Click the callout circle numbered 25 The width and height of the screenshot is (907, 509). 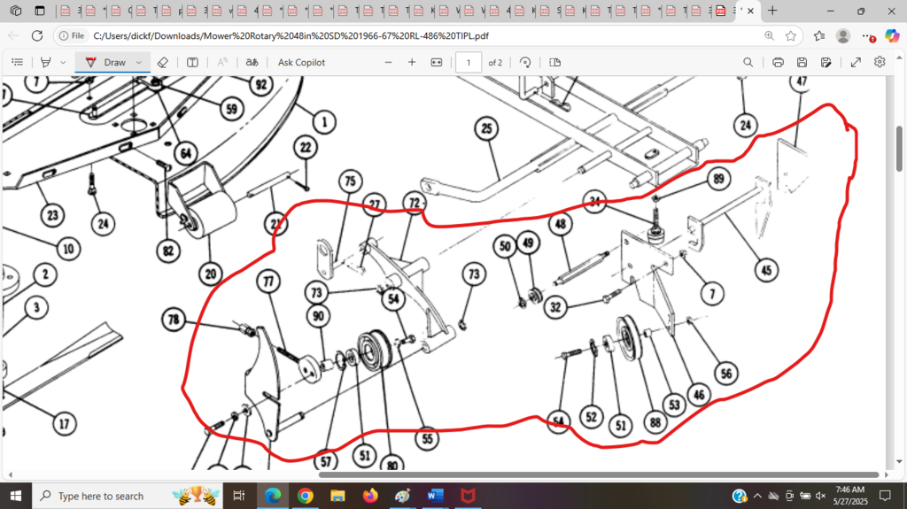(486, 129)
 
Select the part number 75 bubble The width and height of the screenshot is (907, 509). (349, 181)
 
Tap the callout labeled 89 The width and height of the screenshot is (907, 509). (717, 180)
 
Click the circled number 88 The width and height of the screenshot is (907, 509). (656, 423)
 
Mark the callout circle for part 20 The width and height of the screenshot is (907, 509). (210, 274)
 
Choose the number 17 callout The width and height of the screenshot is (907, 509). (63, 424)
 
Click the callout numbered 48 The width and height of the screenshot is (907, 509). (560, 225)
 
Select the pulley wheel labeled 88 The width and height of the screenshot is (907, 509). (632, 339)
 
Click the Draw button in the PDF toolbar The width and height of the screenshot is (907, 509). (107, 62)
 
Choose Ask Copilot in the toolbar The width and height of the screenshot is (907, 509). (301, 62)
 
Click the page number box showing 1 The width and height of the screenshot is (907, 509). (468, 62)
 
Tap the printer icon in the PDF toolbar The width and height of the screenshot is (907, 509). (778, 62)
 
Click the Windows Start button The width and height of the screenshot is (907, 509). (16, 496)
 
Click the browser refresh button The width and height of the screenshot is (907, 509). (37, 35)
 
